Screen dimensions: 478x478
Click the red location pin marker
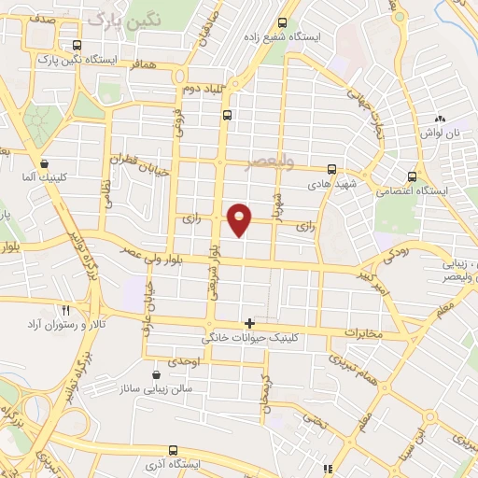tap(240, 218)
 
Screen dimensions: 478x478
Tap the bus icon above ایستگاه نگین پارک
tap(76, 45)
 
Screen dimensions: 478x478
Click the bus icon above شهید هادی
tap(332, 170)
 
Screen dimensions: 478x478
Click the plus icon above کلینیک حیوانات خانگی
tap(249, 322)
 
